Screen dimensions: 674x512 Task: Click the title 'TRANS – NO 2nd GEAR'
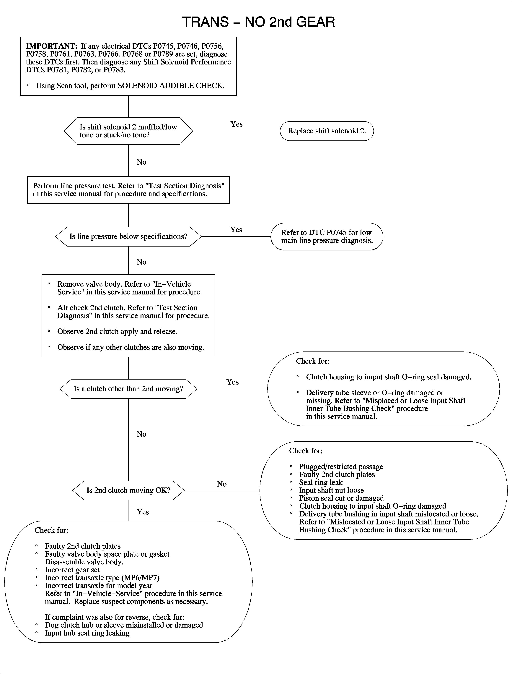tap(258, 22)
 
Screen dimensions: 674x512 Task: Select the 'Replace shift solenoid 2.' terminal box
tap(327, 131)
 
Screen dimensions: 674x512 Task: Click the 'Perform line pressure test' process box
tap(128, 190)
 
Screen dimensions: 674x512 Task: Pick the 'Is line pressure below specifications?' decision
tap(128, 236)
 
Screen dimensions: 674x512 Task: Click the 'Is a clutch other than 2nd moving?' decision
tap(128, 389)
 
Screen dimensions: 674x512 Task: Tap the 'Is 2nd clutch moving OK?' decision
tap(128, 490)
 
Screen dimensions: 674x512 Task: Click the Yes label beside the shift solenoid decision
tap(237, 124)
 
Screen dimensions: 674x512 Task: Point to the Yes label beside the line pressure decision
tap(236, 230)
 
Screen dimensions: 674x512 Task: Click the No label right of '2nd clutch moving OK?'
tap(222, 484)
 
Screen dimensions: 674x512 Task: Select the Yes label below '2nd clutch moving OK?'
tap(143, 512)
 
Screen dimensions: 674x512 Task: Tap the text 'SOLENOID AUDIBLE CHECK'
tap(170, 86)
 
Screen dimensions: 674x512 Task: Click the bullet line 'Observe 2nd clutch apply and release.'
tap(117, 331)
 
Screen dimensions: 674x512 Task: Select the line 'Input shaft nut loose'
tap(331, 490)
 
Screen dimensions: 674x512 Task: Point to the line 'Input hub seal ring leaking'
tap(87, 633)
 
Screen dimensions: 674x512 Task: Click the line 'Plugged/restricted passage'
tap(341, 467)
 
